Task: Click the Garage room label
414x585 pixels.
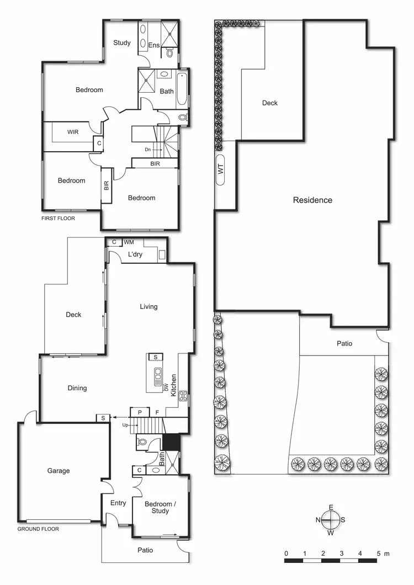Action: (59, 471)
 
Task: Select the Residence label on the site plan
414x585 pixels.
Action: (312, 200)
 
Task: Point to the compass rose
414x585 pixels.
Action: (330, 519)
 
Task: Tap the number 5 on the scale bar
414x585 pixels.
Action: (379, 553)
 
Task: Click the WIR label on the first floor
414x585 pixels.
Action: (73, 132)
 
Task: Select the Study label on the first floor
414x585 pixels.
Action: (122, 42)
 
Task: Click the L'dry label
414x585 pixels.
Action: (135, 254)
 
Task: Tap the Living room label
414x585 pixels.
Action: (148, 306)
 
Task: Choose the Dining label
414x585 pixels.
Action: (77, 388)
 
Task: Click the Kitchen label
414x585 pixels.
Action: (173, 385)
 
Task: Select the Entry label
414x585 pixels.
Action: (118, 503)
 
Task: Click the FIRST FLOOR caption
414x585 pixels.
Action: (58, 218)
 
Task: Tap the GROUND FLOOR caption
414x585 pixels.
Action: (38, 529)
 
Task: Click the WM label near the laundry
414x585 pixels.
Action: (129, 242)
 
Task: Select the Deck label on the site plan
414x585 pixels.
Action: (270, 103)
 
